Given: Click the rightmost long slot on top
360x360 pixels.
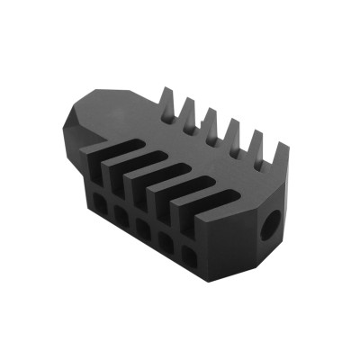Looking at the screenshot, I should (x=198, y=200).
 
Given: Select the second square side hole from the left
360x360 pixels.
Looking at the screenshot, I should (x=120, y=211).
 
